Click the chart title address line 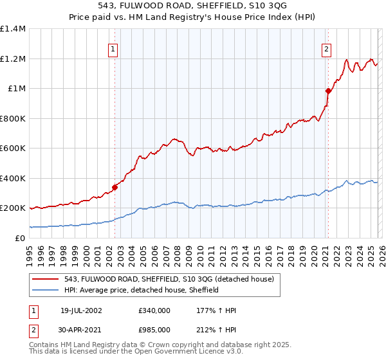[193, 6]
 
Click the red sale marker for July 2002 [115, 188]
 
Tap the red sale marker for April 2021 [328, 91]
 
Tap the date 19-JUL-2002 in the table [81, 310]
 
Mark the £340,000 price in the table [154, 310]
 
